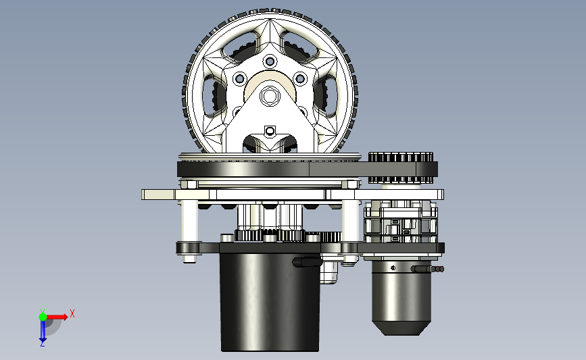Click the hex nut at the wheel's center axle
click(270, 95)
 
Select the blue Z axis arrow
click(43, 331)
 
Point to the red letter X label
click(72, 313)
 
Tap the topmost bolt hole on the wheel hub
click(270, 61)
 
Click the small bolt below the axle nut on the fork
click(270, 130)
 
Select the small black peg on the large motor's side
click(306, 261)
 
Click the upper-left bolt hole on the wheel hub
click(239, 78)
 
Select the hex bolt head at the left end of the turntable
click(189, 183)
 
